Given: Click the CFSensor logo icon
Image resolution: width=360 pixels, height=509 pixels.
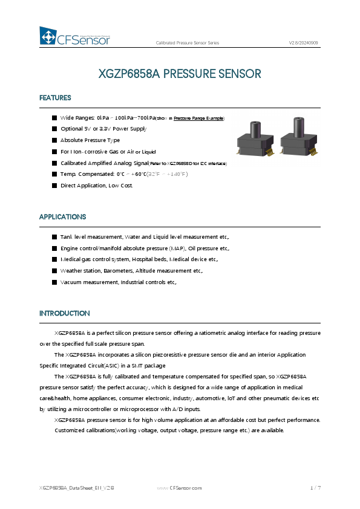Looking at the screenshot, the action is [48, 36].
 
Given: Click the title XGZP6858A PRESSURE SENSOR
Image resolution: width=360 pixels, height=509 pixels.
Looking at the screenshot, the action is [180, 74].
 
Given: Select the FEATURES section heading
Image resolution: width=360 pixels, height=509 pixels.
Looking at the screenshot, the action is [55, 98].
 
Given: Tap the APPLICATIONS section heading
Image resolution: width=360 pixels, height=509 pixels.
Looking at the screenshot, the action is [62, 217].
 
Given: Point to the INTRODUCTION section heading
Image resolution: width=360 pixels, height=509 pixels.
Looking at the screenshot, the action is [64, 314].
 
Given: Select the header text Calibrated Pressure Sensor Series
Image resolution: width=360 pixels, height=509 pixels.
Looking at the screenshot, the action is [188, 44].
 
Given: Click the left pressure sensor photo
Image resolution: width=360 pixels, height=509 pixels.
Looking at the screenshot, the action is [255, 140].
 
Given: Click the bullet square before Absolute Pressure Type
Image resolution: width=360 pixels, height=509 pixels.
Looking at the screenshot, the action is [54, 140].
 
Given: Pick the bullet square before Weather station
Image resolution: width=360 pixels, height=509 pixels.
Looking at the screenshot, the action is [54, 271].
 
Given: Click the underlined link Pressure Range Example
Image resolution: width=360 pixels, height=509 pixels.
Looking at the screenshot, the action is [198, 118].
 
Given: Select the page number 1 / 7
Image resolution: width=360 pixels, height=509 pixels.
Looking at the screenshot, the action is [315, 487].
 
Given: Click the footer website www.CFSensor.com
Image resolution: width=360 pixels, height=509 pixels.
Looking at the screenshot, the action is [179, 487].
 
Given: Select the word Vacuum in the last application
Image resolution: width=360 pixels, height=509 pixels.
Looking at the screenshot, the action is [71, 282].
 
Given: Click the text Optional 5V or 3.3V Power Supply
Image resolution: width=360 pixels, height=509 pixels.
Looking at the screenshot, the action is [103, 129].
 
